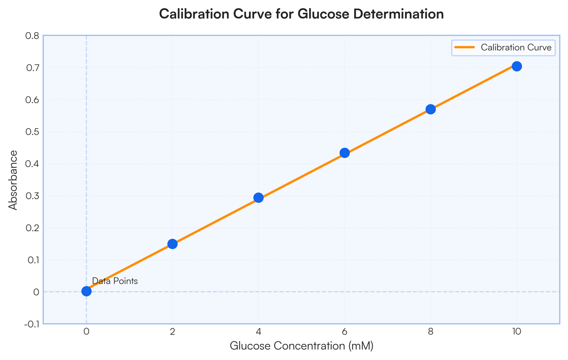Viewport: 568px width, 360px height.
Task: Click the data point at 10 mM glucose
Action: (516, 66)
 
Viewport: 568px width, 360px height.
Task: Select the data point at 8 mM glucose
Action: (431, 109)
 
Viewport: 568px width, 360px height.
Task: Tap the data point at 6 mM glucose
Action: (345, 153)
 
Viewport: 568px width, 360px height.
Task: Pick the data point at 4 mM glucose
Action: (258, 198)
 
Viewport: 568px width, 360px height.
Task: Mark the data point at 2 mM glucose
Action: (172, 244)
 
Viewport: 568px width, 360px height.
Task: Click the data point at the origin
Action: (87, 291)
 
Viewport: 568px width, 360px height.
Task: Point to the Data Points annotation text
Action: (115, 281)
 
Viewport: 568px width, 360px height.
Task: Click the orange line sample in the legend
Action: (464, 47)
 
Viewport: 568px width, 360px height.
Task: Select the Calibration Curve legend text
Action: (516, 47)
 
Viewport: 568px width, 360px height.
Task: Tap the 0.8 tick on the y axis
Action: (32, 36)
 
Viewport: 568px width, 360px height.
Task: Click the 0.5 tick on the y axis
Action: (32, 132)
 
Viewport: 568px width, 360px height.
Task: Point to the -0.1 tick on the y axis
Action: (32, 324)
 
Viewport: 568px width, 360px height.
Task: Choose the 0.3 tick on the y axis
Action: (32, 196)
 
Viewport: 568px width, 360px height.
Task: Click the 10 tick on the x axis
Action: (516, 331)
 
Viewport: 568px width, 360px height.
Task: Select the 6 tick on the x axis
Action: (345, 331)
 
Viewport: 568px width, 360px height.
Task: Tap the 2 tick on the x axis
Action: (172, 331)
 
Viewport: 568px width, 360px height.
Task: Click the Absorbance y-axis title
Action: (13, 180)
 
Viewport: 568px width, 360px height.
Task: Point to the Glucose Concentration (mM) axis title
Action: (302, 346)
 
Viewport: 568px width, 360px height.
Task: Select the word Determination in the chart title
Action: (399, 14)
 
